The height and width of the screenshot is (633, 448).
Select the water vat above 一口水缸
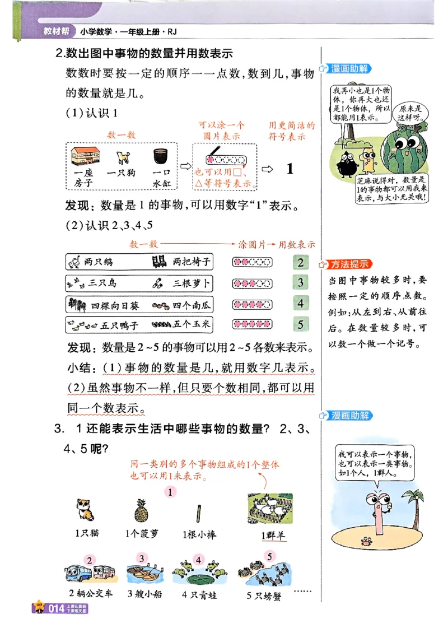pyautogui.click(x=161, y=156)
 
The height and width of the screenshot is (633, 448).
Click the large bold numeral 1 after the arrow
pyautogui.click(x=290, y=169)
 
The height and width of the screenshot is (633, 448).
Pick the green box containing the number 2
pyautogui.click(x=301, y=262)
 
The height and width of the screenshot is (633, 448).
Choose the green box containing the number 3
pyautogui.click(x=301, y=283)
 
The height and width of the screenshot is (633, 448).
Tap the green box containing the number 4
pyautogui.click(x=301, y=304)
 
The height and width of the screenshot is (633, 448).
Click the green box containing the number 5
pyautogui.click(x=301, y=324)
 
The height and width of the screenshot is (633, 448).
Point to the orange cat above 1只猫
pyautogui.click(x=85, y=510)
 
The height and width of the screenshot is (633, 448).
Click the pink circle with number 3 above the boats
pyautogui.click(x=142, y=559)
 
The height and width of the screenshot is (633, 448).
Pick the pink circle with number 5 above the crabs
pyautogui.click(x=270, y=557)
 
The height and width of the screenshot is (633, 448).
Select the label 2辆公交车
pyautogui.click(x=91, y=593)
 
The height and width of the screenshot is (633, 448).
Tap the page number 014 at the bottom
pyautogui.click(x=58, y=609)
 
